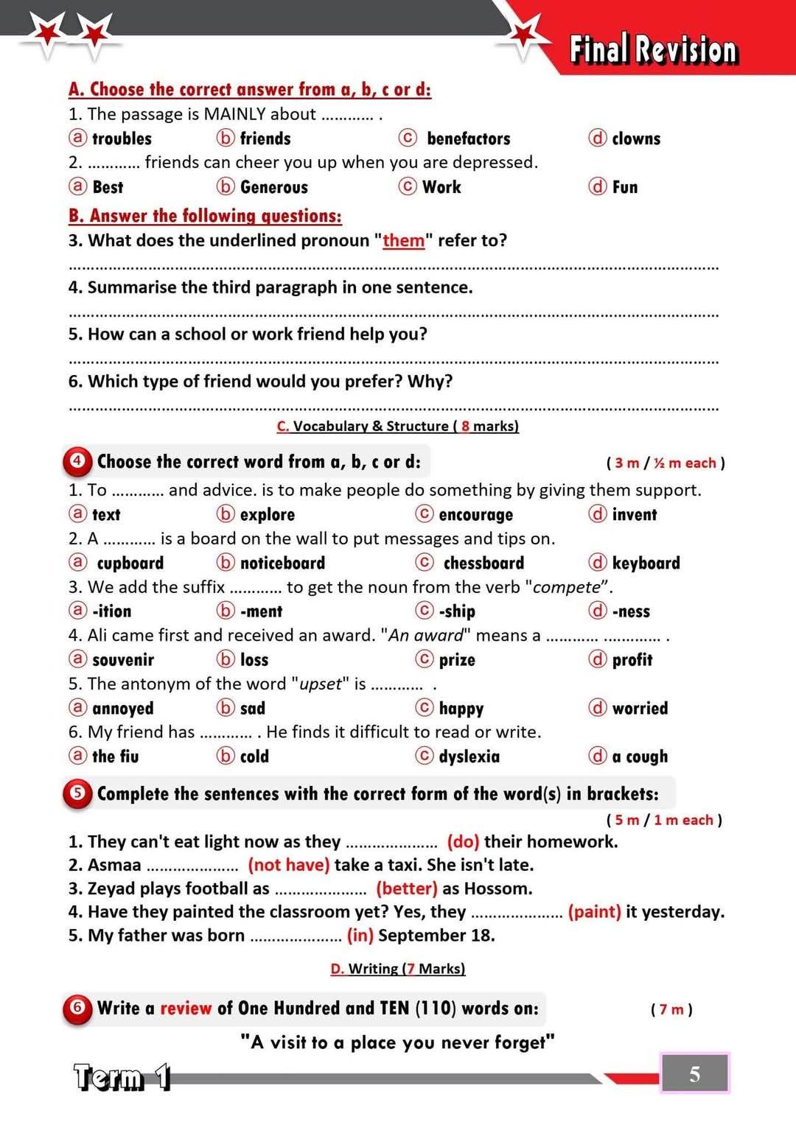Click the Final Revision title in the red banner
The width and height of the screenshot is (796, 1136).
(653, 49)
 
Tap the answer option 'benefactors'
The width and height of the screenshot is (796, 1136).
(468, 139)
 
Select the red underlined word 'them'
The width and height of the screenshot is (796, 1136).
(403, 241)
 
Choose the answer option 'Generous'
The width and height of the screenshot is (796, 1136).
(273, 187)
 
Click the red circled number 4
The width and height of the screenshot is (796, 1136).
(77, 461)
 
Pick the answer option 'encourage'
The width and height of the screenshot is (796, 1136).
(475, 514)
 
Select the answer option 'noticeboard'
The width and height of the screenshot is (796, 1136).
(282, 563)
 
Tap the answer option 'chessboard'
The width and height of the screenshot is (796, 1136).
(483, 563)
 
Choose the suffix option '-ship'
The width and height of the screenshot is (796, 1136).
(457, 611)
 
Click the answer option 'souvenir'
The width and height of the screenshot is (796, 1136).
(123, 659)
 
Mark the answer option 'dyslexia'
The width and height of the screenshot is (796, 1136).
(469, 756)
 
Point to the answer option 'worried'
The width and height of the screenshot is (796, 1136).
(640, 708)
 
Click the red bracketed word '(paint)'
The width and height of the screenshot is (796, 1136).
(594, 911)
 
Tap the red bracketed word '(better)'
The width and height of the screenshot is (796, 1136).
(407, 888)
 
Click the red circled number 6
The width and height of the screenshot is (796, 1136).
(77, 1007)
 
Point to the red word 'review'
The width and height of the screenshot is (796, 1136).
(186, 1008)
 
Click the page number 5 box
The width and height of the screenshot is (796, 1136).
(694, 1073)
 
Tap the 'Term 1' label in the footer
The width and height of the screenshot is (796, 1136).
(122, 1077)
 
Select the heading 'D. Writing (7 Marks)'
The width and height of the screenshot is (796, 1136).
(398, 968)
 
